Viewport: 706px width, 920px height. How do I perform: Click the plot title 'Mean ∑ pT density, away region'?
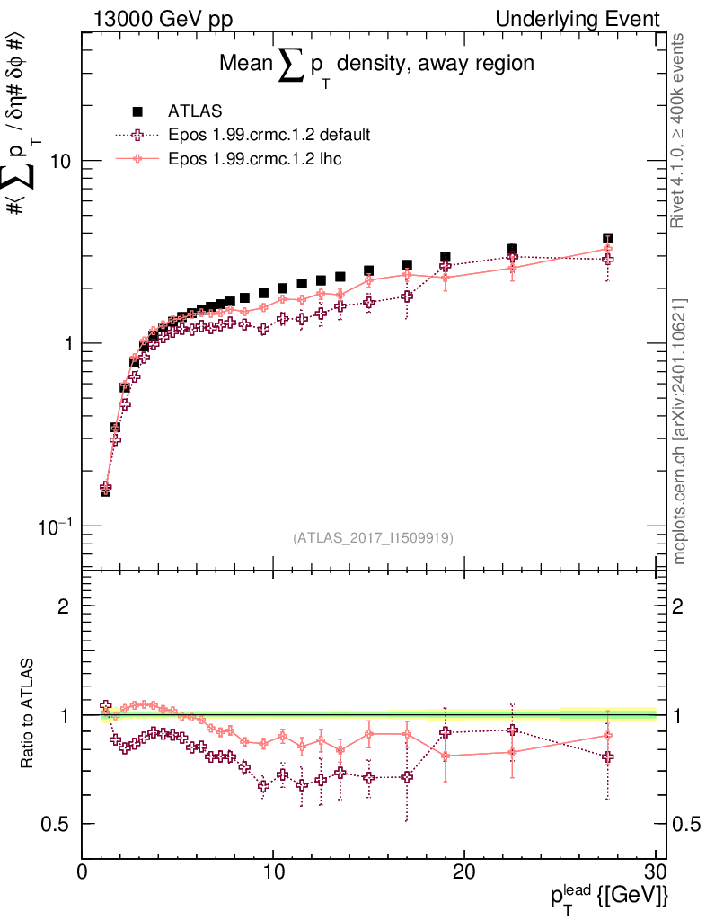click(x=377, y=65)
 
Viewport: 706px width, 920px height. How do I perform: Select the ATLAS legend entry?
click(x=189, y=112)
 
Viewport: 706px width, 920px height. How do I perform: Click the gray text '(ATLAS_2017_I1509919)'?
click(x=373, y=538)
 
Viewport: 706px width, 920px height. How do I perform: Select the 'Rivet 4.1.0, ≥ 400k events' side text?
click(x=679, y=130)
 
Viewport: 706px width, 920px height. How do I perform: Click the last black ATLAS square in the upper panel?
click(x=608, y=239)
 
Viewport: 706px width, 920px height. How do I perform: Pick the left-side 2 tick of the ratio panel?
click(x=64, y=606)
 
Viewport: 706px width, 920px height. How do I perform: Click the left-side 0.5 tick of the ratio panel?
click(x=57, y=824)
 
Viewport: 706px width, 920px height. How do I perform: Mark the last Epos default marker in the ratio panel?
click(x=608, y=757)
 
